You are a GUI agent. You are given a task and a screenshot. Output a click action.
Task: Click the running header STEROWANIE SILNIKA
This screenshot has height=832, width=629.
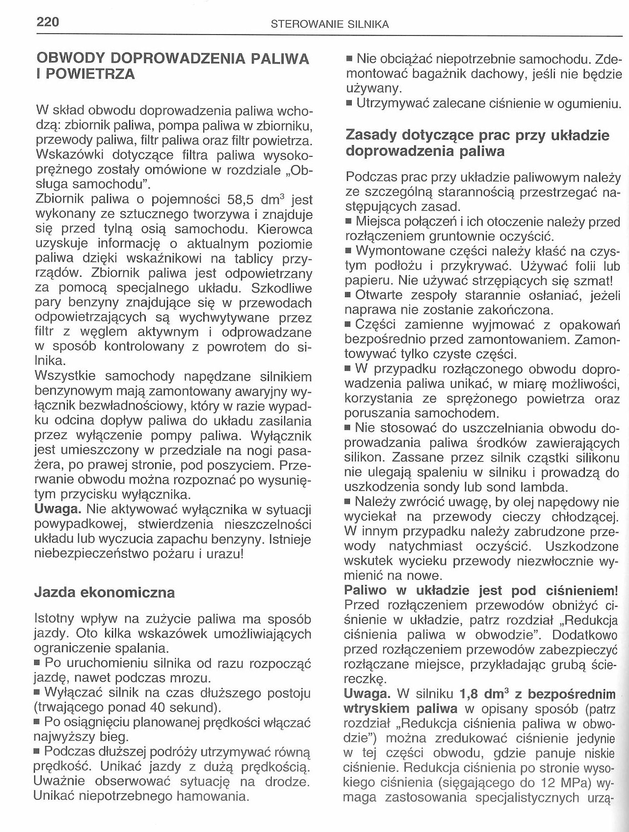click(x=329, y=25)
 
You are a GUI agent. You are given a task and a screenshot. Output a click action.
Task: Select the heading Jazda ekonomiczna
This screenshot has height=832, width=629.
click(x=105, y=593)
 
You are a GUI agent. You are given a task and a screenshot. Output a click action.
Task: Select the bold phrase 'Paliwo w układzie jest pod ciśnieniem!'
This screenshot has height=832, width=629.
click(x=481, y=591)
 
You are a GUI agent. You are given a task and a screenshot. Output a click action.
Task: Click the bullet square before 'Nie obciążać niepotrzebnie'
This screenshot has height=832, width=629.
click(x=349, y=59)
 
